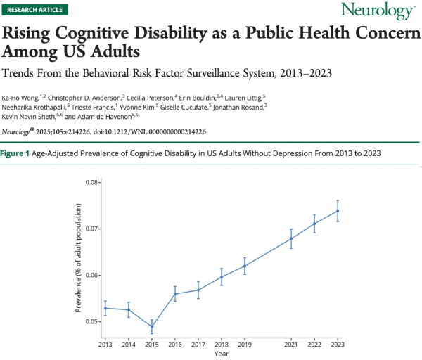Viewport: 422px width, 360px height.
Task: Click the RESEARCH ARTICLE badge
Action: tap(30, 11)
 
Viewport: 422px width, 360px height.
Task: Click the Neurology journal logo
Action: tap(377, 11)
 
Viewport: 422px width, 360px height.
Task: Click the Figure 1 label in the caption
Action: tap(14, 154)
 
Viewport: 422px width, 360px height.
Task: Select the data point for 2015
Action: tap(152, 326)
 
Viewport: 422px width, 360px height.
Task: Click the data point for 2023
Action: tap(338, 211)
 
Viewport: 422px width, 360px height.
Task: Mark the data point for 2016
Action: tap(175, 294)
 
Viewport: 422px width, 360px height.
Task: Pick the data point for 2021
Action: tap(291, 238)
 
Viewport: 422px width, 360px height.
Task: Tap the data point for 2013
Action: tap(105, 308)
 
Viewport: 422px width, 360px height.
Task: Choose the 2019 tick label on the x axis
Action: tap(245, 345)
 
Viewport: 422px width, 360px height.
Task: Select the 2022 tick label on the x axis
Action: tap(314, 345)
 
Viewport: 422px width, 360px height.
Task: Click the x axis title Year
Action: tap(221, 354)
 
